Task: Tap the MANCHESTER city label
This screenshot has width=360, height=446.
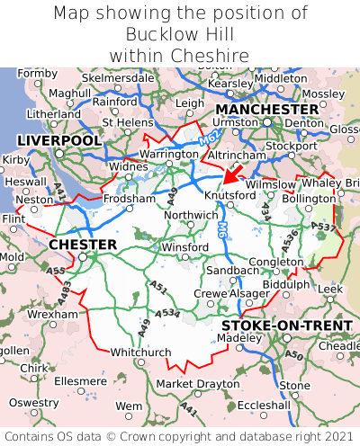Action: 266,109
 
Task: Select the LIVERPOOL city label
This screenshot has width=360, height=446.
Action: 59,141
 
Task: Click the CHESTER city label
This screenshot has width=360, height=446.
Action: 83,245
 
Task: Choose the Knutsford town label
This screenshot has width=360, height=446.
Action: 230,194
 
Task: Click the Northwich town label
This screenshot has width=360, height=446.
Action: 191,215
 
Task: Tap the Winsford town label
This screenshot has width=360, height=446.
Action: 184,247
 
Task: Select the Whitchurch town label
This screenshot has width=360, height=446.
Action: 140,352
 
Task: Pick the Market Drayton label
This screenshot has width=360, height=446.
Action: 198,384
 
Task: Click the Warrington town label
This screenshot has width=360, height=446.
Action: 168,155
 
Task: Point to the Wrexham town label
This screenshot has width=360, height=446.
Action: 52,315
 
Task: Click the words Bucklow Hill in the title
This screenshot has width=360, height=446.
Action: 180,34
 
